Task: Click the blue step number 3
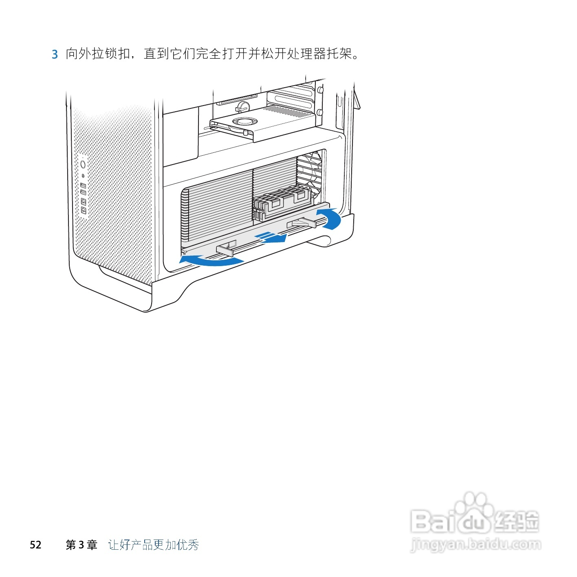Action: [x=55, y=54]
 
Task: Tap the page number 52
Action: [x=35, y=545]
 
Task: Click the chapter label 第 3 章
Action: [x=81, y=545]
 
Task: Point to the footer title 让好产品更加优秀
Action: [x=154, y=545]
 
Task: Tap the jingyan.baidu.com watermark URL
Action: [x=476, y=544]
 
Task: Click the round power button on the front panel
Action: [x=83, y=164]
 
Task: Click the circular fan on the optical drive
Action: [x=243, y=121]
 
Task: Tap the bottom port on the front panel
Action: [x=84, y=210]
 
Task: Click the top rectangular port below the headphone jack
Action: [x=83, y=186]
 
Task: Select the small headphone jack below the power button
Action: [x=83, y=176]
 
